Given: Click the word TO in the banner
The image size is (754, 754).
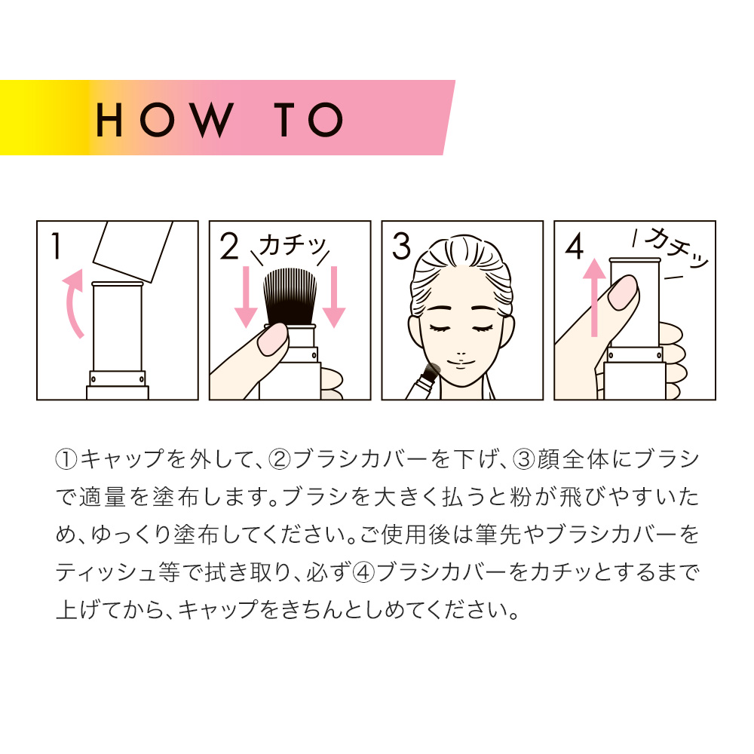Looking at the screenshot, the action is pyautogui.click(x=308, y=119).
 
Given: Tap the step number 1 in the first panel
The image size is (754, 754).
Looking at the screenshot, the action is pyautogui.click(x=57, y=247).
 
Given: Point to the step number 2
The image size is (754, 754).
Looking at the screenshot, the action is pyautogui.click(x=229, y=247).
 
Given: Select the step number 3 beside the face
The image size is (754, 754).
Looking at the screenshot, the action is pyautogui.click(x=402, y=247).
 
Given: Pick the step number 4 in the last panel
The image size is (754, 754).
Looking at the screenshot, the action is pyautogui.click(x=574, y=247).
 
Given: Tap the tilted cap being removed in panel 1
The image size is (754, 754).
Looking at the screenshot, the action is pyautogui.click(x=133, y=251).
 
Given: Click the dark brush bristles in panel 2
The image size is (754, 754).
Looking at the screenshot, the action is pyautogui.click(x=290, y=296).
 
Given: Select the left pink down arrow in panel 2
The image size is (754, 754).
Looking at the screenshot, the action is pyautogui.click(x=247, y=296).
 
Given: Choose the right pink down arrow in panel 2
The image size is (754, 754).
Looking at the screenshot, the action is pyautogui.click(x=334, y=296).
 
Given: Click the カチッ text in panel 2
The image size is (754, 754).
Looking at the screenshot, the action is pyautogui.click(x=293, y=247).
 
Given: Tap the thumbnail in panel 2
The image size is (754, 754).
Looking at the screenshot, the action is pyautogui.click(x=272, y=339).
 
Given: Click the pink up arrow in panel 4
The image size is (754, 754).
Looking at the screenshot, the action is pyautogui.click(x=595, y=297).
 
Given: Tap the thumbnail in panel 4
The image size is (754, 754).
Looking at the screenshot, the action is pyautogui.click(x=623, y=293).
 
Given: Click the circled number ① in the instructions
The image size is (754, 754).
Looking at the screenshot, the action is pyautogui.click(x=66, y=459).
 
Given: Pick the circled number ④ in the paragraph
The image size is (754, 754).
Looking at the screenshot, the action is pyautogui.click(x=363, y=572).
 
